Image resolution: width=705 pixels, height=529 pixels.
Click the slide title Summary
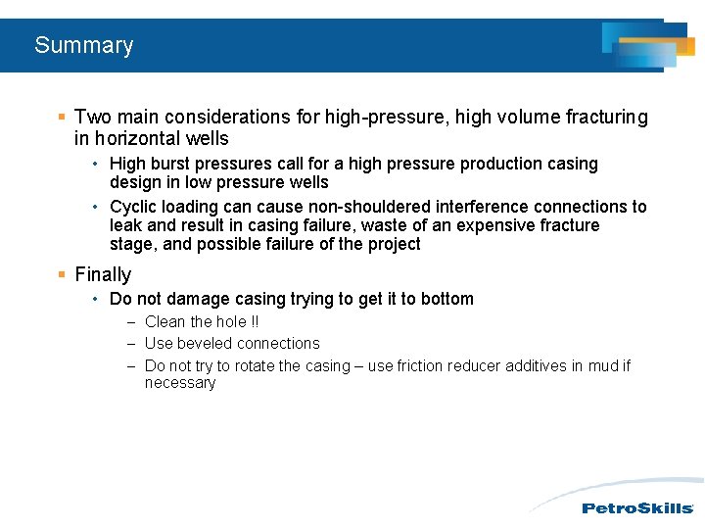(x=83, y=45)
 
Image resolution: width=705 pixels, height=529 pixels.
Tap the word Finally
(x=103, y=275)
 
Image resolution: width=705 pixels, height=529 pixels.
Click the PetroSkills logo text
(x=637, y=507)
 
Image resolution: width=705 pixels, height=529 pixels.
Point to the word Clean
(x=165, y=321)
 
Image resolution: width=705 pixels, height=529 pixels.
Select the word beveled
(x=206, y=344)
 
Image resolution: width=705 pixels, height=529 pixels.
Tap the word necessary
(x=180, y=383)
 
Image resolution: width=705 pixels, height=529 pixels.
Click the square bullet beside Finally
(x=61, y=275)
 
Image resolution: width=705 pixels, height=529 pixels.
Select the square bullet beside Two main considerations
(x=61, y=118)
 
